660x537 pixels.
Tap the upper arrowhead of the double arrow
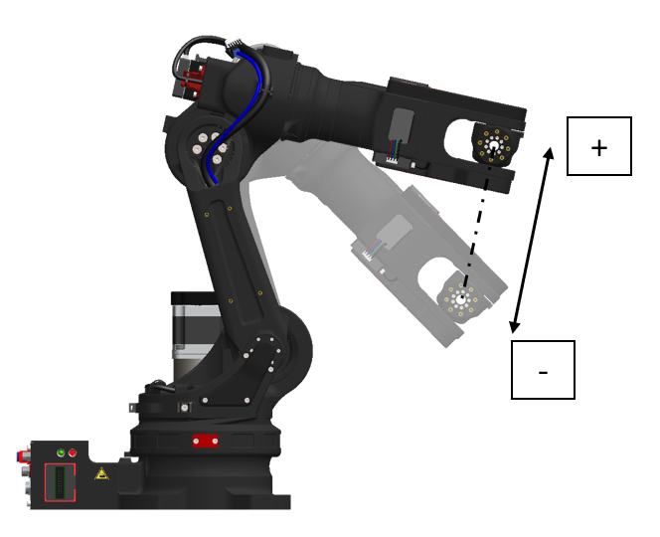[549, 152]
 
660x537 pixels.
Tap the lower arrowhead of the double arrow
[514, 327]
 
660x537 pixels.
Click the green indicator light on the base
[61, 452]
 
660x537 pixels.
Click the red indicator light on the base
[73, 452]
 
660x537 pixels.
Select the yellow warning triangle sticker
[101, 473]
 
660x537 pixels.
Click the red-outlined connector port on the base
[60, 482]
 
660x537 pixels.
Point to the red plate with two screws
[206, 441]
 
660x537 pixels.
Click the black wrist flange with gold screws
[493, 144]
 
